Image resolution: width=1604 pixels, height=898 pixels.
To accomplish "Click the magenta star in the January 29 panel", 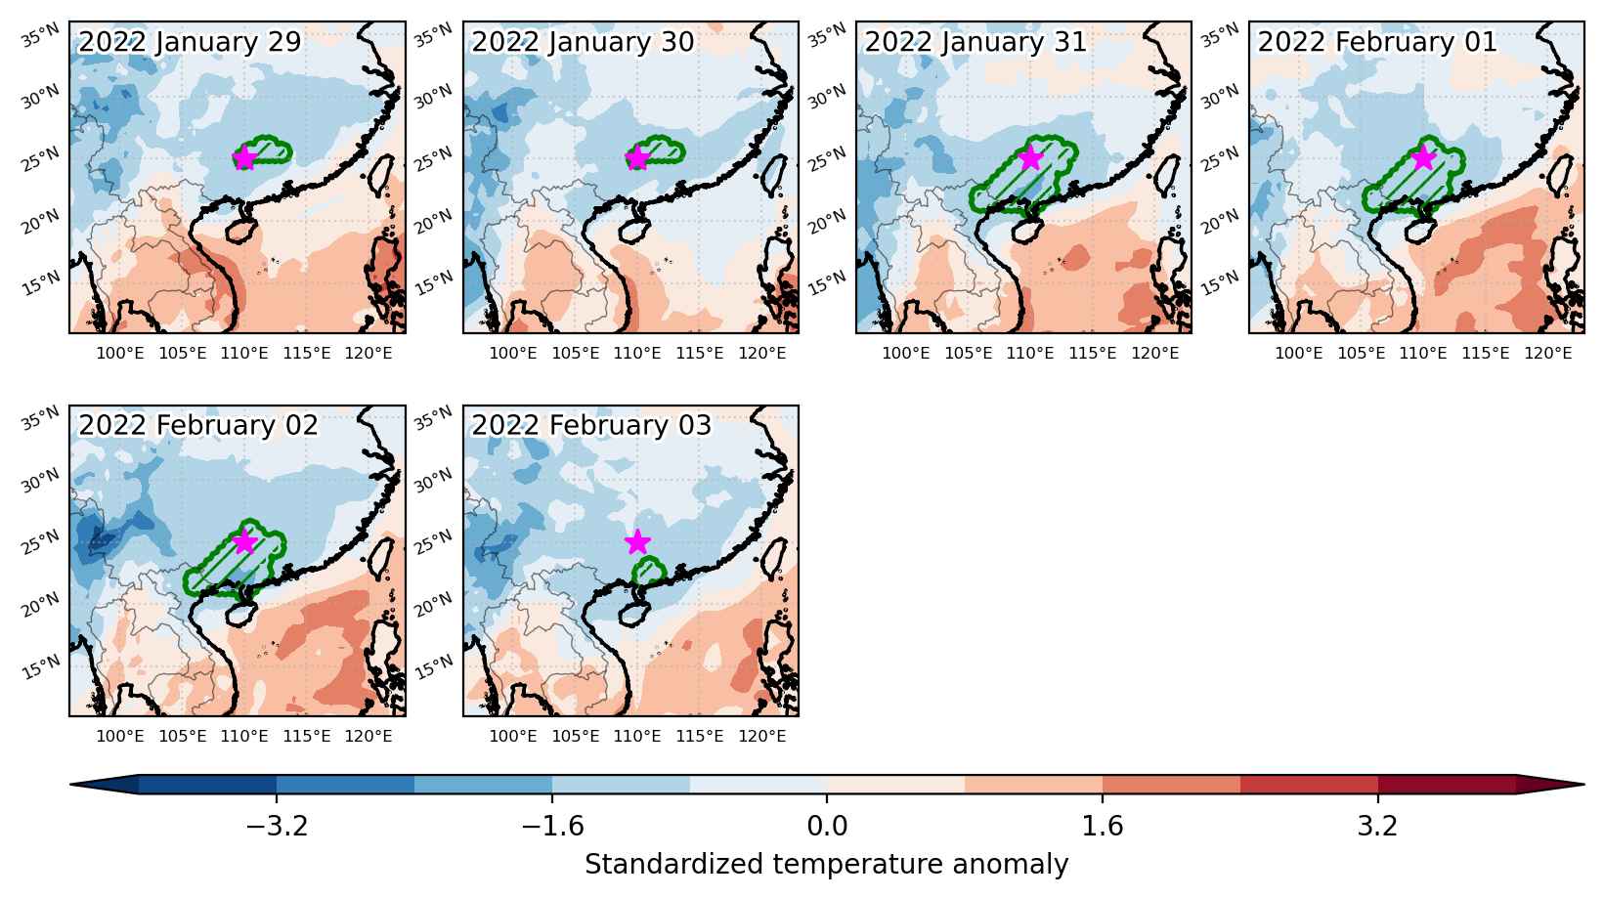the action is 245,157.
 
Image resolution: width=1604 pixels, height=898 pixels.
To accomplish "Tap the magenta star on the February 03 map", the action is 637,542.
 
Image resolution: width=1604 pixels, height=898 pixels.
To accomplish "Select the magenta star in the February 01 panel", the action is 1423,157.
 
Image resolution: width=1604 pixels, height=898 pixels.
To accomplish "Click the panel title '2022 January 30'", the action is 583,42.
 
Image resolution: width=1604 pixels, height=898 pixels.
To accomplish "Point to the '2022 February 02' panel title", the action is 198,425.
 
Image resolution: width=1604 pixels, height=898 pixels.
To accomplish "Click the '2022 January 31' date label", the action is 975,42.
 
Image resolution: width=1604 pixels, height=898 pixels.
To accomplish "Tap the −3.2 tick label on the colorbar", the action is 277,827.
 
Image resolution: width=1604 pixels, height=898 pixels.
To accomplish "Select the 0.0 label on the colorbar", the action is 827,827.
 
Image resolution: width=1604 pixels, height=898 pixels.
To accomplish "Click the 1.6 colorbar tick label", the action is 1102,827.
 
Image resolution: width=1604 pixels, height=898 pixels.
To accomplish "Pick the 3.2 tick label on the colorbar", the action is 1377,827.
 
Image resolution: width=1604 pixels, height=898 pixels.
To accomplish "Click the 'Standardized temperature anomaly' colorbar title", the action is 826,865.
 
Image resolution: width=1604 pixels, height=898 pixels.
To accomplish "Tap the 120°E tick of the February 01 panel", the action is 1548,353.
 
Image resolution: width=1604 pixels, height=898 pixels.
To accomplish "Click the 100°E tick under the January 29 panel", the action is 120,353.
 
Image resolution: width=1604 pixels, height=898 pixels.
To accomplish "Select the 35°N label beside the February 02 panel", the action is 41,417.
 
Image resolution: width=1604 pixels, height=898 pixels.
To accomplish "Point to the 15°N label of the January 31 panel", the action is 827,283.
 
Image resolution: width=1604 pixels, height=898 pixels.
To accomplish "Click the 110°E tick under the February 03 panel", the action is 637,736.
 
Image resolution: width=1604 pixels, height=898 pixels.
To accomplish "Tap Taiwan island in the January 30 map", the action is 772,176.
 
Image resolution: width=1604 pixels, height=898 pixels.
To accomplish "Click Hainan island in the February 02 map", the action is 242,614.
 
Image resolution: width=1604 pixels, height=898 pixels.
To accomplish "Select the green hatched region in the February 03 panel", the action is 649,572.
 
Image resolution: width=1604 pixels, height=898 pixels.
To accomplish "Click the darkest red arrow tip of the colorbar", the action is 1582,784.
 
